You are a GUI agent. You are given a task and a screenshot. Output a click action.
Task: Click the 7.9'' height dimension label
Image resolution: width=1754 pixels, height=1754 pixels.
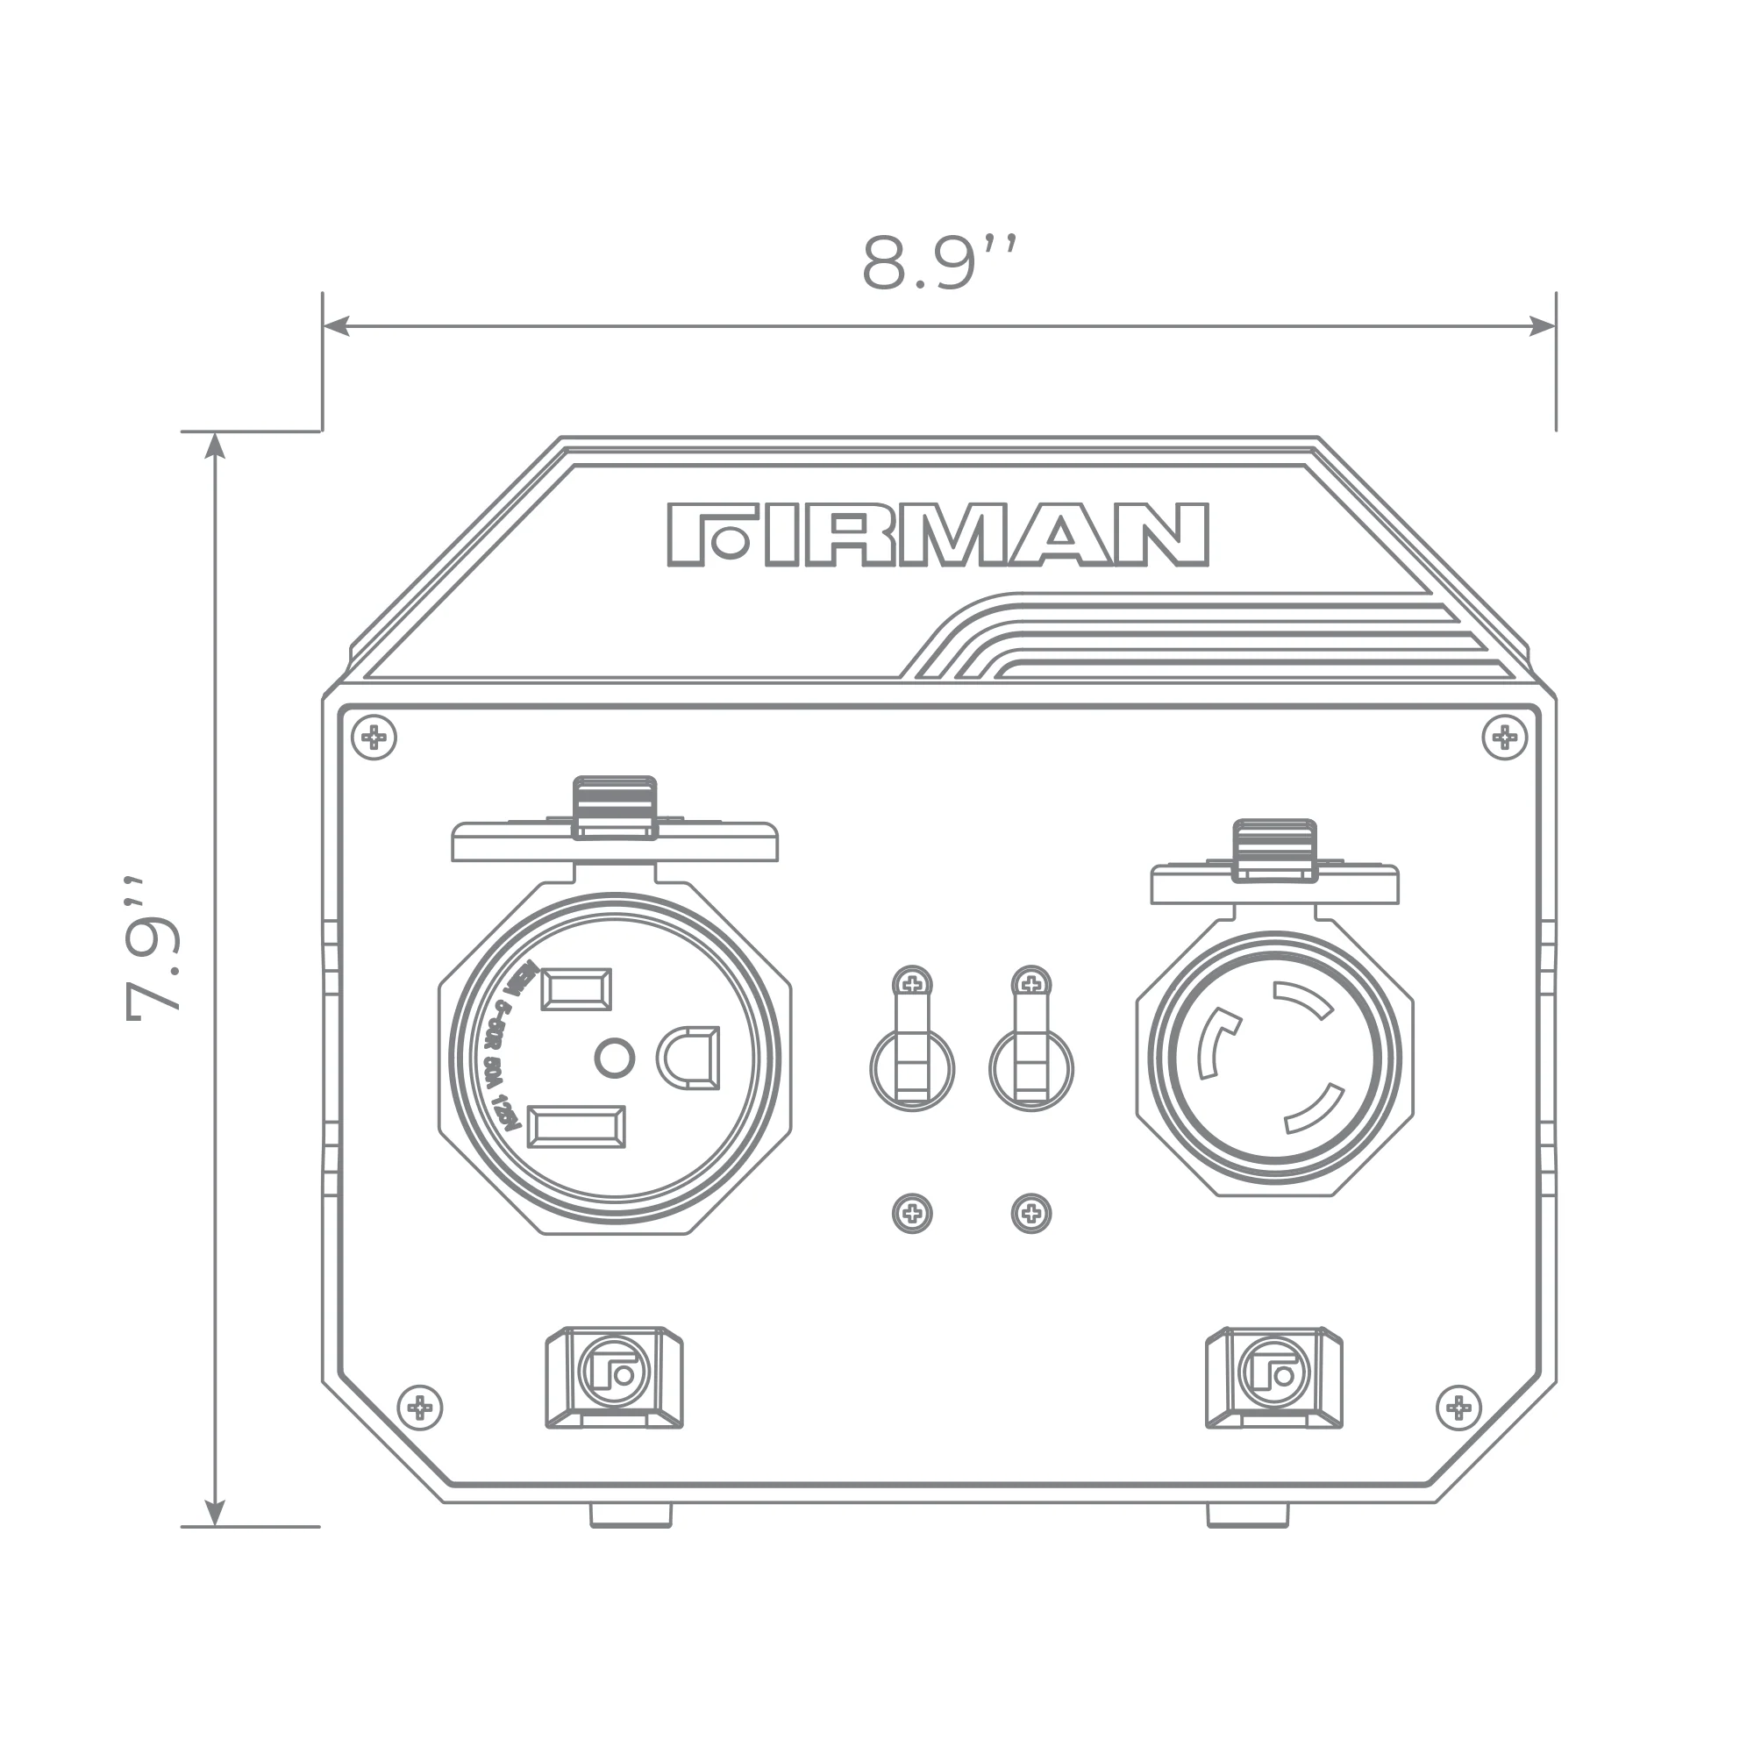pos(154,949)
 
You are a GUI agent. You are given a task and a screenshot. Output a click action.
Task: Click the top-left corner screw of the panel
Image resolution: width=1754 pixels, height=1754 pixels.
pos(374,738)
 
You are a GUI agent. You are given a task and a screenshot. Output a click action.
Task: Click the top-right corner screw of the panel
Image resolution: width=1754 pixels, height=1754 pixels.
pos(1504,738)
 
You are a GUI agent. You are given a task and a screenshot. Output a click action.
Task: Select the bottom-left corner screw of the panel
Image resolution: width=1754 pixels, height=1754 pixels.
pos(419,1408)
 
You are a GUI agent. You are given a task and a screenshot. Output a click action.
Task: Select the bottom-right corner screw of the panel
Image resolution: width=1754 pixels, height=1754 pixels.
pos(1459,1408)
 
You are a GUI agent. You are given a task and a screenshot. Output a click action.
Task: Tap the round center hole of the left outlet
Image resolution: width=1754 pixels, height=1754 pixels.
pos(615,1058)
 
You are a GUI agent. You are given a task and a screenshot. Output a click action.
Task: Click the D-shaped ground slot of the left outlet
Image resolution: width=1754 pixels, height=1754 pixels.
pos(689,1058)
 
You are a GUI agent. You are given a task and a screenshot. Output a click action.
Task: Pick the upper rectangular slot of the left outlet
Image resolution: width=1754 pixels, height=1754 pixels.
pos(575,989)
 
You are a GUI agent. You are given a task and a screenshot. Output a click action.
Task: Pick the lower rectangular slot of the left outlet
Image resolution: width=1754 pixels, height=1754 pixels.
pos(575,1127)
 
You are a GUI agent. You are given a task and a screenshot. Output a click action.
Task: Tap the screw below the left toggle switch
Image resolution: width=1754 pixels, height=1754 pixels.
pos(912,1213)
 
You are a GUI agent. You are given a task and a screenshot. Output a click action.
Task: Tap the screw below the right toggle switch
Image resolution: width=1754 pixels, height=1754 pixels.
pos(1031,1213)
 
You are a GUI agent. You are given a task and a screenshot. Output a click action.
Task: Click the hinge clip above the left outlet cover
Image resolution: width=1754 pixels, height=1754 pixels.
pos(615,806)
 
